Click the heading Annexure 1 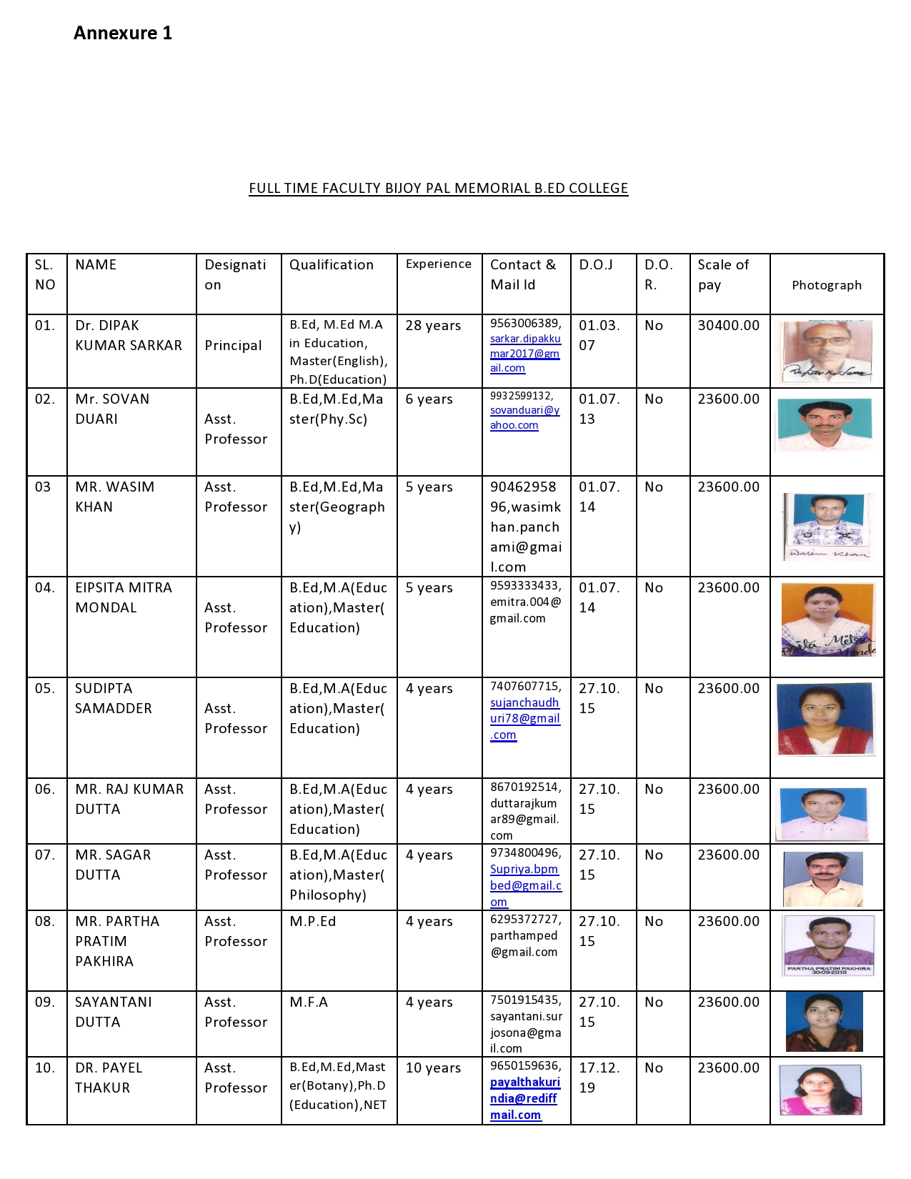(x=123, y=33)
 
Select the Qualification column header (x=331, y=265)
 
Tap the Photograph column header (x=826, y=285)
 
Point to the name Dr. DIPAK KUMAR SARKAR (x=129, y=335)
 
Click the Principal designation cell (x=233, y=346)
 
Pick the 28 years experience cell (x=433, y=326)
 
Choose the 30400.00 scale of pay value (x=728, y=326)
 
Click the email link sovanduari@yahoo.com (x=524, y=418)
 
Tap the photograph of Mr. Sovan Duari (x=825, y=424)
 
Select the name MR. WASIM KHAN (x=114, y=497)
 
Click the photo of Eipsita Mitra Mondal (x=827, y=620)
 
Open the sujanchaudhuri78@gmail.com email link (x=524, y=719)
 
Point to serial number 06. (x=44, y=790)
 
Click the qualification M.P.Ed (x=312, y=922)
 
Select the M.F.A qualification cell (x=309, y=1003)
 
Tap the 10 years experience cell (x=433, y=1068)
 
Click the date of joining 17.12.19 (x=599, y=1078)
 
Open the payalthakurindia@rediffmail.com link (x=524, y=1099)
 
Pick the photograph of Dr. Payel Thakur (x=820, y=1090)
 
